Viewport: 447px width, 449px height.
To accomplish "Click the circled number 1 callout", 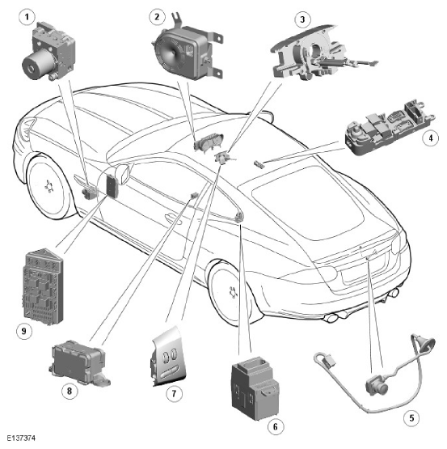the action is point(27,17).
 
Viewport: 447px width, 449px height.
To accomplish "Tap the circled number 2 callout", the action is point(157,17).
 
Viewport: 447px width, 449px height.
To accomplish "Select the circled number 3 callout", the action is point(302,19).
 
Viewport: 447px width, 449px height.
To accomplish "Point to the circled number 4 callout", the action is point(430,138).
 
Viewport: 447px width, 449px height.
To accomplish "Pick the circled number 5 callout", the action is point(411,418).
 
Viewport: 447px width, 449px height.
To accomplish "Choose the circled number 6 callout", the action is point(276,427).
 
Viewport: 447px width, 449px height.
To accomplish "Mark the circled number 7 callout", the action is point(174,394).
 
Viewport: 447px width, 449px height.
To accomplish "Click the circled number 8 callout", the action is point(70,390).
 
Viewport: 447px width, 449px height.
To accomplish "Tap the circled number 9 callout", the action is point(24,332).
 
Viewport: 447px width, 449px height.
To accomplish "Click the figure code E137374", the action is point(22,438).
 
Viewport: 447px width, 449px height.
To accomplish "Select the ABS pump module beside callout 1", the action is point(48,51).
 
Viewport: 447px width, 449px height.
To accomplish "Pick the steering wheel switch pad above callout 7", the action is point(168,357).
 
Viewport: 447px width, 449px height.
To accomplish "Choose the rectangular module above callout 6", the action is point(255,388).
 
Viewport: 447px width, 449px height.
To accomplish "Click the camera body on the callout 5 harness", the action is point(377,386).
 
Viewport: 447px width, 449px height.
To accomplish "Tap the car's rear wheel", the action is point(230,292).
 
